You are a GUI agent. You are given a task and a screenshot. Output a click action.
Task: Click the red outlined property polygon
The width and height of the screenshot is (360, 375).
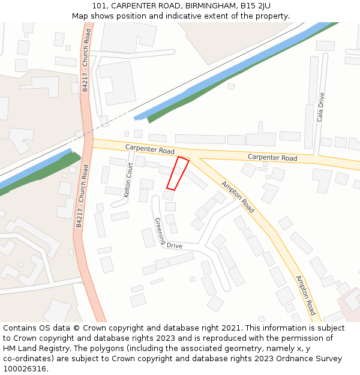pyautogui.click(x=178, y=173)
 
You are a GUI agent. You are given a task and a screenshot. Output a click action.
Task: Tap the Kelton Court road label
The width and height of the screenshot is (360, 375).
pyautogui.click(x=128, y=180)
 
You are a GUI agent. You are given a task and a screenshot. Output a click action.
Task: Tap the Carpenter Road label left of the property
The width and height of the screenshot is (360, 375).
pyautogui.click(x=149, y=149)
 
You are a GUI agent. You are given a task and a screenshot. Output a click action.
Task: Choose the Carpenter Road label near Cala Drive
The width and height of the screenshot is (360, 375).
pyautogui.click(x=272, y=158)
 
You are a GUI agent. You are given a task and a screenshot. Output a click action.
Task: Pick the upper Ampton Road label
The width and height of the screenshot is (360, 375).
pyautogui.click(x=238, y=197)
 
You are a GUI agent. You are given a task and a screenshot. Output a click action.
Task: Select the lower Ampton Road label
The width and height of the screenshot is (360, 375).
pyautogui.click(x=305, y=295)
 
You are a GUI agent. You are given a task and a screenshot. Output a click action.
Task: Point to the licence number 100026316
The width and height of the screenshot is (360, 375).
pyautogui.click(x=25, y=369)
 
